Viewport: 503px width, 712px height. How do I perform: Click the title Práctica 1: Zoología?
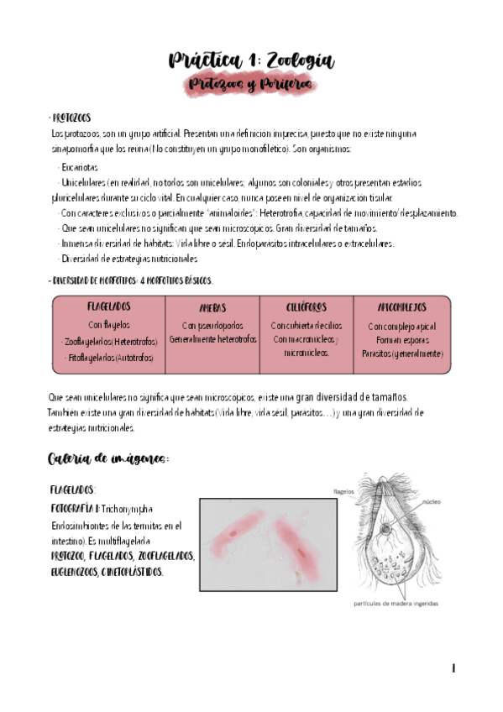[251, 60]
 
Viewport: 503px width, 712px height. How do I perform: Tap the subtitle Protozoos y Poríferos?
[250, 85]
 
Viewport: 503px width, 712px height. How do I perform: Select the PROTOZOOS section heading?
[72, 118]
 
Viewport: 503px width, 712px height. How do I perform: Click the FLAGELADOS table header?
[108, 307]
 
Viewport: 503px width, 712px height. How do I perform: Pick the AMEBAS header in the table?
[212, 308]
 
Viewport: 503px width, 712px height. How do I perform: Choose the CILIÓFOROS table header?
[306, 307]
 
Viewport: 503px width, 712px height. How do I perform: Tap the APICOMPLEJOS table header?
[402, 307]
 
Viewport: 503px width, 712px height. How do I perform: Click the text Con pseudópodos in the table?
[212, 325]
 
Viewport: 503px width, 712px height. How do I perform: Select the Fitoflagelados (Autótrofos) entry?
[109, 357]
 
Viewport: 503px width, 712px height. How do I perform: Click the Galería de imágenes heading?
[109, 458]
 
